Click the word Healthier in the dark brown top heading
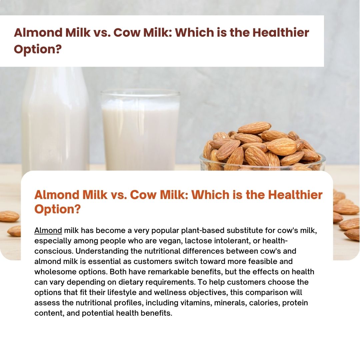(281, 32)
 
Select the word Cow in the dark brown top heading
(127, 33)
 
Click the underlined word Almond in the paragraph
(48, 230)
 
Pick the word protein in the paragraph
(295, 303)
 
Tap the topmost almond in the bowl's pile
(254, 128)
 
